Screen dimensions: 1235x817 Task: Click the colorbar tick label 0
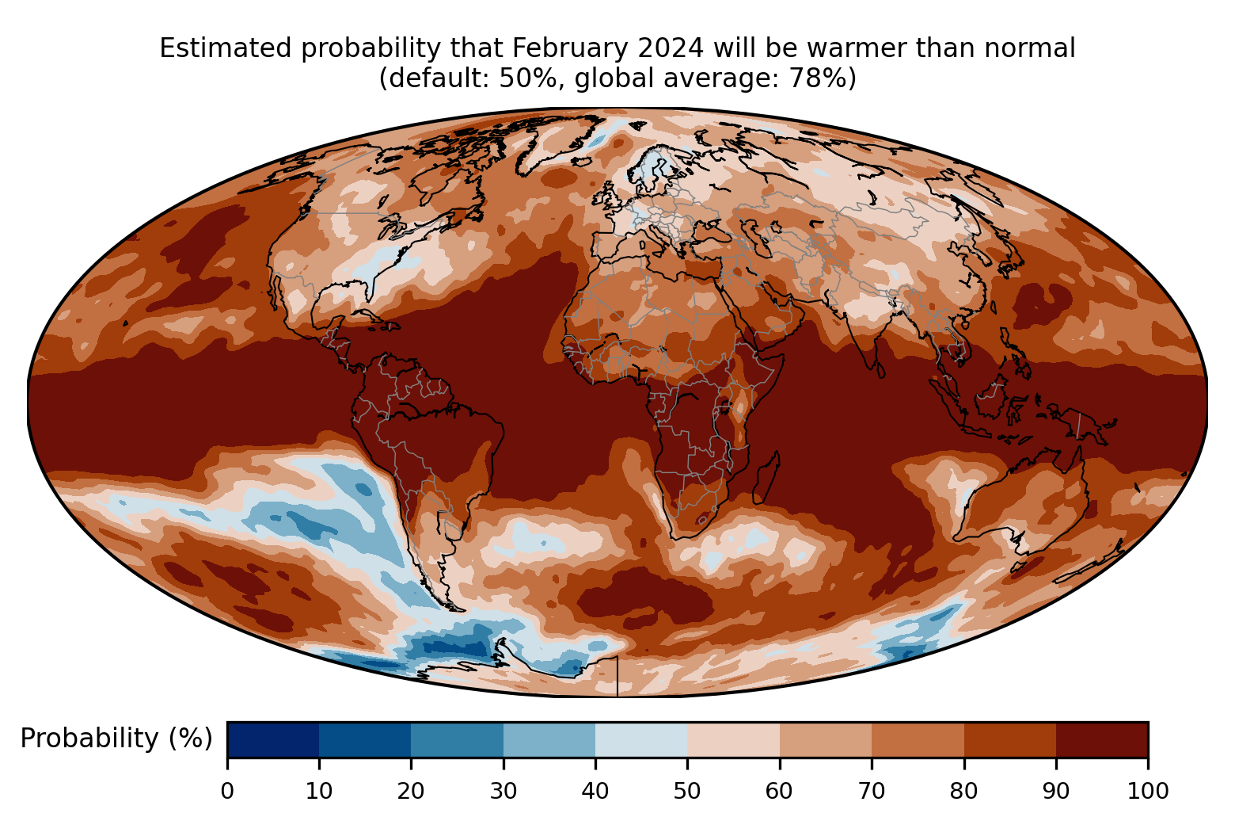pyautogui.click(x=227, y=792)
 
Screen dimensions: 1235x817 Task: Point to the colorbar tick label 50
pyautogui.click(x=687, y=792)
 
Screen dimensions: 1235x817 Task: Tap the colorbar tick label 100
pyautogui.click(x=1148, y=792)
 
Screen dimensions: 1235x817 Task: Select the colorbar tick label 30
pyautogui.click(x=503, y=792)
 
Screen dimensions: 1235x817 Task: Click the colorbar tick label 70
pyautogui.click(x=872, y=792)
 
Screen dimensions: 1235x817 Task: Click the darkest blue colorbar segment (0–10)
pyautogui.click(x=273, y=739)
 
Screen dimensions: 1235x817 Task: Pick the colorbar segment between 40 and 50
pyautogui.click(x=641, y=739)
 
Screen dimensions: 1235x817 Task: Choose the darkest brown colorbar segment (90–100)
pyautogui.click(x=1102, y=739)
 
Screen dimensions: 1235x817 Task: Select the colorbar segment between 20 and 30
pyautogui.click(x=457, y=739)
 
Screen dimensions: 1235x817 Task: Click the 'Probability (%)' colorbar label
pyautogui.click(x=116, y=739)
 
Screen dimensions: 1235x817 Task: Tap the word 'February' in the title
pyautogui.click(x=570, y=48)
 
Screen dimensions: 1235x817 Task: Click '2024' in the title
pyautogui.click(x=671, y=48)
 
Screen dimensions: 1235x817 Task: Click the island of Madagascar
pyautogui.click(x=766, y=478)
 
